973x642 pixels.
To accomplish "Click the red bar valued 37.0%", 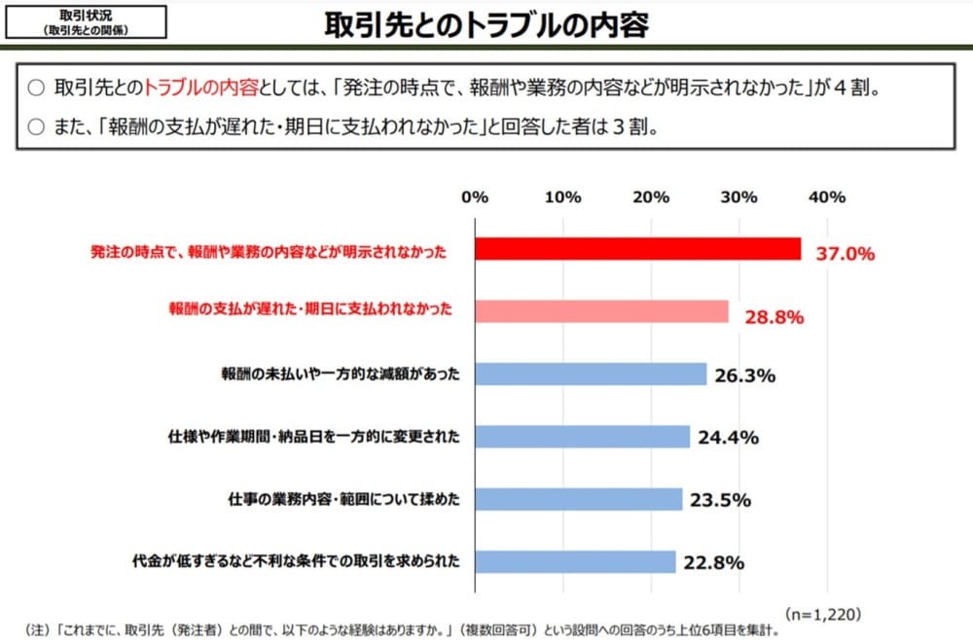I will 637,249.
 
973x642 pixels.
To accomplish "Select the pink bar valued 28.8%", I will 601,311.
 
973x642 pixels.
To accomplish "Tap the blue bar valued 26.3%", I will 591,374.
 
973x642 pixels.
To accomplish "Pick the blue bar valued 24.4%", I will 582,436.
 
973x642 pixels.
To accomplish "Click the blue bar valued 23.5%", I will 578,499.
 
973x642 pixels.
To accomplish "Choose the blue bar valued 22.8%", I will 575,561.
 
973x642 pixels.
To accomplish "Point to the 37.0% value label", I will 845,254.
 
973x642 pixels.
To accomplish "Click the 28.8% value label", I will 773,316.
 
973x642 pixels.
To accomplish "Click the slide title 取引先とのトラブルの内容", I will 486,25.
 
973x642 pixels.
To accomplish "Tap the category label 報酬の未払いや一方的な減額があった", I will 341,374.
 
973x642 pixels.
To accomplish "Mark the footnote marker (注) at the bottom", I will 31,629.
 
